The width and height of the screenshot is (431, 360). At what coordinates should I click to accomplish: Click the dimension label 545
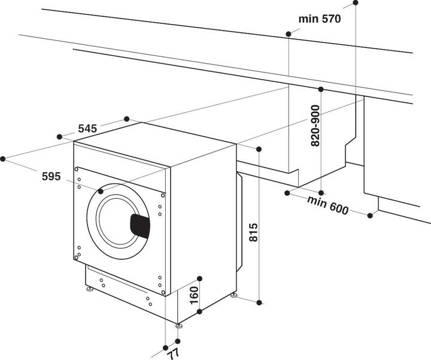coord(87,128)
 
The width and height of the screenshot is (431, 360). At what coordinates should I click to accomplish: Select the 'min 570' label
coord(320,19)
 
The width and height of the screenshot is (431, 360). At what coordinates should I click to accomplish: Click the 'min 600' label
coord(328,204)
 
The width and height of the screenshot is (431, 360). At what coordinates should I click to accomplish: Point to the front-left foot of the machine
coord(90,290)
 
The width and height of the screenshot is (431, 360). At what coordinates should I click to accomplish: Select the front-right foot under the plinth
coord(178,325)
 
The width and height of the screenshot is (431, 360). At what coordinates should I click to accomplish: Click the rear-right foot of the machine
coord(234,296)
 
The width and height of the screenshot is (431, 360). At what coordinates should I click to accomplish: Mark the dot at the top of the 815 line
coord(259,149)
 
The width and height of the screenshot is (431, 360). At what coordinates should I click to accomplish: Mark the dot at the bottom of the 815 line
coord(259,303)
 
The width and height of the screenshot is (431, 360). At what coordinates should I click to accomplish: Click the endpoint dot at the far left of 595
coord(3,159)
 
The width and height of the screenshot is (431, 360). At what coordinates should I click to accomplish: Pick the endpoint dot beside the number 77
coord(165,347)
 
